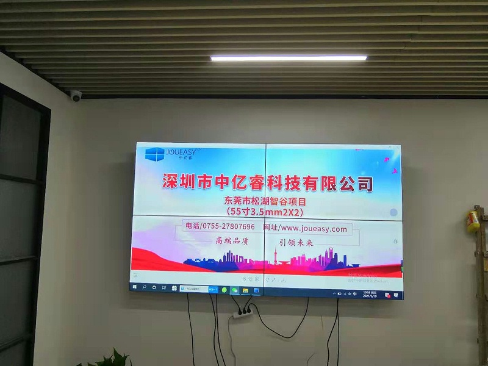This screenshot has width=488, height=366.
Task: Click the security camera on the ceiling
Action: pos(76,96)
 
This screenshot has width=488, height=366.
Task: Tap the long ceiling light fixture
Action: pos(289,58)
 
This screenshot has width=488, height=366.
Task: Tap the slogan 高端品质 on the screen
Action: pos(232,241)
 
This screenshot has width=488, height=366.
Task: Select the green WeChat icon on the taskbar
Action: pos(234,289)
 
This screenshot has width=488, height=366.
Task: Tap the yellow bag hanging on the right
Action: pos(473,221)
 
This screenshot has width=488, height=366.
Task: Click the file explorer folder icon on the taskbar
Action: pos(245,290)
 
